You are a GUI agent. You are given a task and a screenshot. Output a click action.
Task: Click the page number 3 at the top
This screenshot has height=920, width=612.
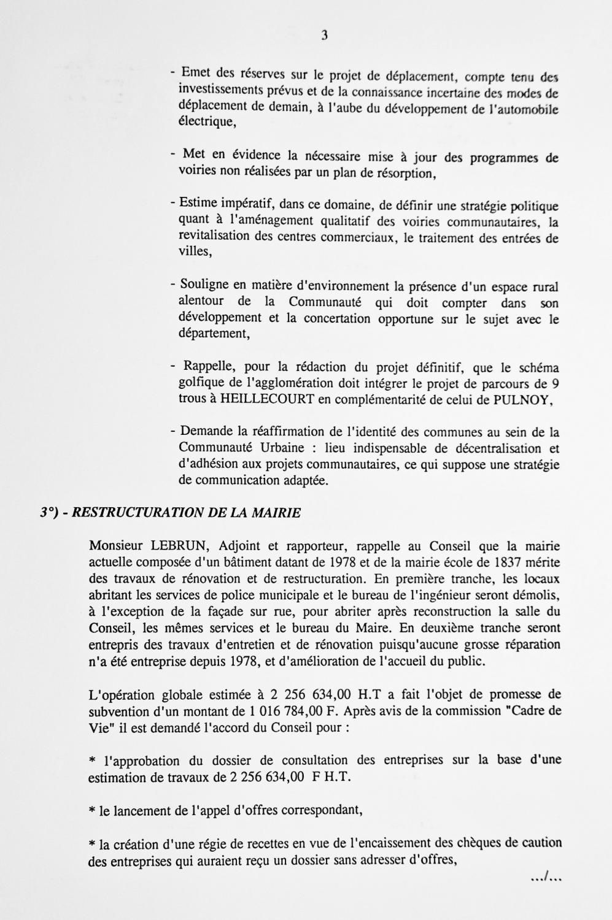[x=324, y=36]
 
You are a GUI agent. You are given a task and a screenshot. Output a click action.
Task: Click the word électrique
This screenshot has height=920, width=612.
[x=206, y=121]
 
